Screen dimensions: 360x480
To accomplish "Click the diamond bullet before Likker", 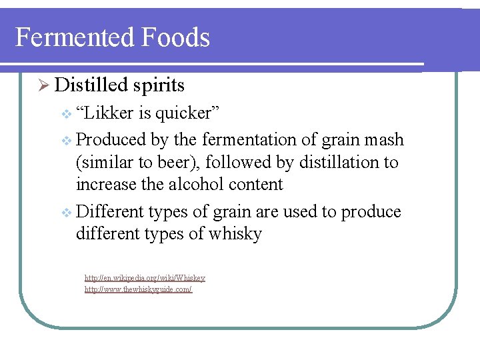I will click(65, 114).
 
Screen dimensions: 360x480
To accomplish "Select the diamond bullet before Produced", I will click(65, 141).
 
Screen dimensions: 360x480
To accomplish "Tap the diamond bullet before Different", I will click(65, 213).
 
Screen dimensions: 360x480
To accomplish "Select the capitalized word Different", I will click(110, 212).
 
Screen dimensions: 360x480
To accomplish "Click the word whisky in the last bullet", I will click(237, 234).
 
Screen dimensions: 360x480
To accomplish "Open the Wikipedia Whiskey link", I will click(145, 278).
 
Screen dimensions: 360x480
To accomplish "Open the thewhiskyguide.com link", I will click(138, 290).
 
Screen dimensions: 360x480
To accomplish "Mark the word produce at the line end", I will click(371, 213).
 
